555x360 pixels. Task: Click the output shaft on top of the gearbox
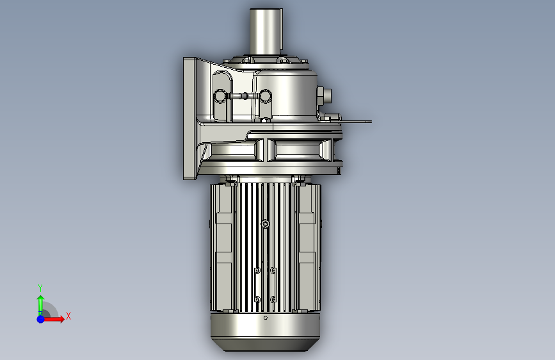coord(266,31)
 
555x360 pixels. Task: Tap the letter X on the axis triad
coord(68,316)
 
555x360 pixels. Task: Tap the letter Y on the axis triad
coord(40,288)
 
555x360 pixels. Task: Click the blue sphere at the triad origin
coord(41,319)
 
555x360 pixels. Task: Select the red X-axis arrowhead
coord(61,319)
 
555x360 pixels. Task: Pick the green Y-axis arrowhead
coord(41,299)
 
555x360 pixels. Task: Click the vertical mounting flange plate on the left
coord(189,119)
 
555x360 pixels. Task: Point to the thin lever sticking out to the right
coord(355,122)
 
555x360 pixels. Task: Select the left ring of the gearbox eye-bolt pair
coord(220,96)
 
